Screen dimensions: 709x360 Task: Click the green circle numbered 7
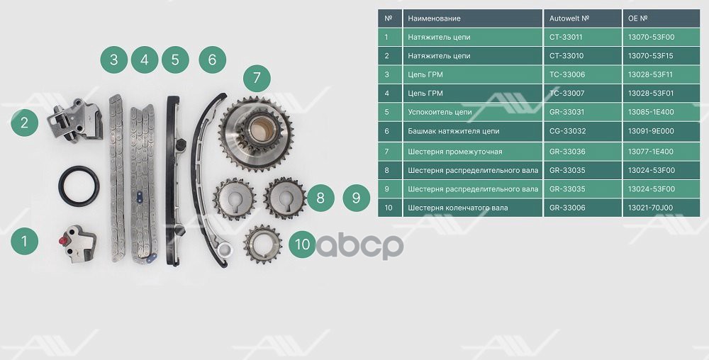pos(257,77)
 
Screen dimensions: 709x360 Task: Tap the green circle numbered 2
pos(24,123)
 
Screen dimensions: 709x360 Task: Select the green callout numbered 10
pos(303,244)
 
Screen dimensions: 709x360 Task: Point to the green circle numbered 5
pos(175,60)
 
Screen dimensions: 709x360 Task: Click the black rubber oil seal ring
pos(79,186)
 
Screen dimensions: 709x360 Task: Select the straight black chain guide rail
pos(172,181)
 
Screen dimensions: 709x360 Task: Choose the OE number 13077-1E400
pos(649,151)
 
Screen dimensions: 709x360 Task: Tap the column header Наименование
pos(434,18)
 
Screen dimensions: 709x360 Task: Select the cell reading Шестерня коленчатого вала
pos(457,208)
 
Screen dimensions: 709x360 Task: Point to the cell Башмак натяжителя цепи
pos(453,132)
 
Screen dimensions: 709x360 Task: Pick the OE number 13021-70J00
pos(649,208)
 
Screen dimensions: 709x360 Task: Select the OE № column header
pos(638,18)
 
